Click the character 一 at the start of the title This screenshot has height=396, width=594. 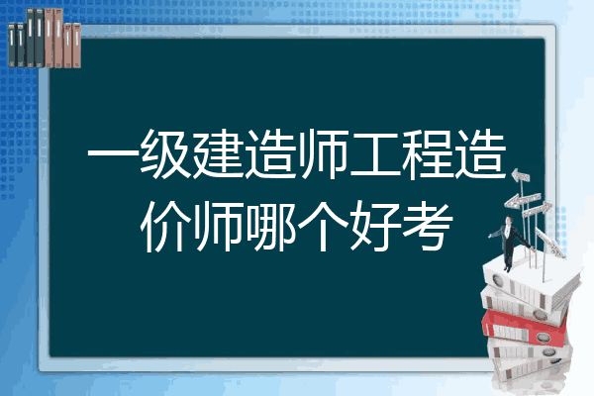tap(113, 154)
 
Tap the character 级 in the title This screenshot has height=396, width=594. tap(165, 154)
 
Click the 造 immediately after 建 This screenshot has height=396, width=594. tap(270, 154)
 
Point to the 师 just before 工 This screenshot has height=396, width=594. tap(323, 154)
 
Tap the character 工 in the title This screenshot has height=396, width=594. tap(375, 154)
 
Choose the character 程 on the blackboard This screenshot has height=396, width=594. tap(428, 154)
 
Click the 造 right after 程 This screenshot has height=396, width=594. tap(480, 154)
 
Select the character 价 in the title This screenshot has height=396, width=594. tap(166, 227)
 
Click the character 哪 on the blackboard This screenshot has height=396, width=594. tap(270, 227)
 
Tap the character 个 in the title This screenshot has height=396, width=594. tap(323, 227)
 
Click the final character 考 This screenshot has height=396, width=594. tap(428, 227)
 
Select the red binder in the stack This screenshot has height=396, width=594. tap(524, 327)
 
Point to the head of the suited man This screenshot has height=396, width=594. tap(509, 220)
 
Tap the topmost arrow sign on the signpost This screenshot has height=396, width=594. tap(521, 176)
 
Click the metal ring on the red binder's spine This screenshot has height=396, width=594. tap(542, 337)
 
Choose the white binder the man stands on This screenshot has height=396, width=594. tap(531, 282)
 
